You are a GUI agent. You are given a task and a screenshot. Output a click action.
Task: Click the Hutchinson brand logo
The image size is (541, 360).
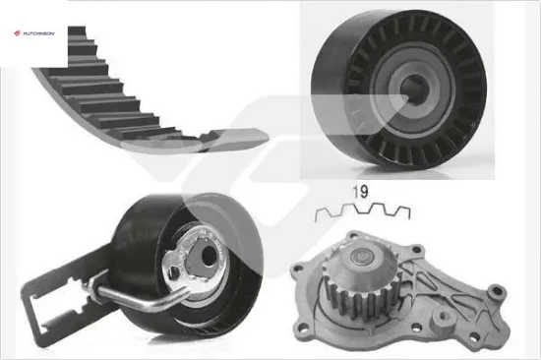tap(33, 33)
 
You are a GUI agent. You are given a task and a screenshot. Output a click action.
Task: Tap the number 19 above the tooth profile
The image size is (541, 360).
tap(360, 192)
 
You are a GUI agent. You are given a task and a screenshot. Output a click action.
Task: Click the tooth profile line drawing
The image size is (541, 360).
tap(363, 212)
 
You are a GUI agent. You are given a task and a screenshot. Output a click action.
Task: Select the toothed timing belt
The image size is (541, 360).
tap(138, 103)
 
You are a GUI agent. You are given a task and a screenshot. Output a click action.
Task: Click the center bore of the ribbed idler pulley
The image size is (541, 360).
tap(414, 89)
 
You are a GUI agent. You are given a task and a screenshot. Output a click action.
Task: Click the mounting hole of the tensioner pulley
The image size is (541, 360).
tap(207, 257)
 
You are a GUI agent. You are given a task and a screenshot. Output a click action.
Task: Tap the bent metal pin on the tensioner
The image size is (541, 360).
tap(138, 297)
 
